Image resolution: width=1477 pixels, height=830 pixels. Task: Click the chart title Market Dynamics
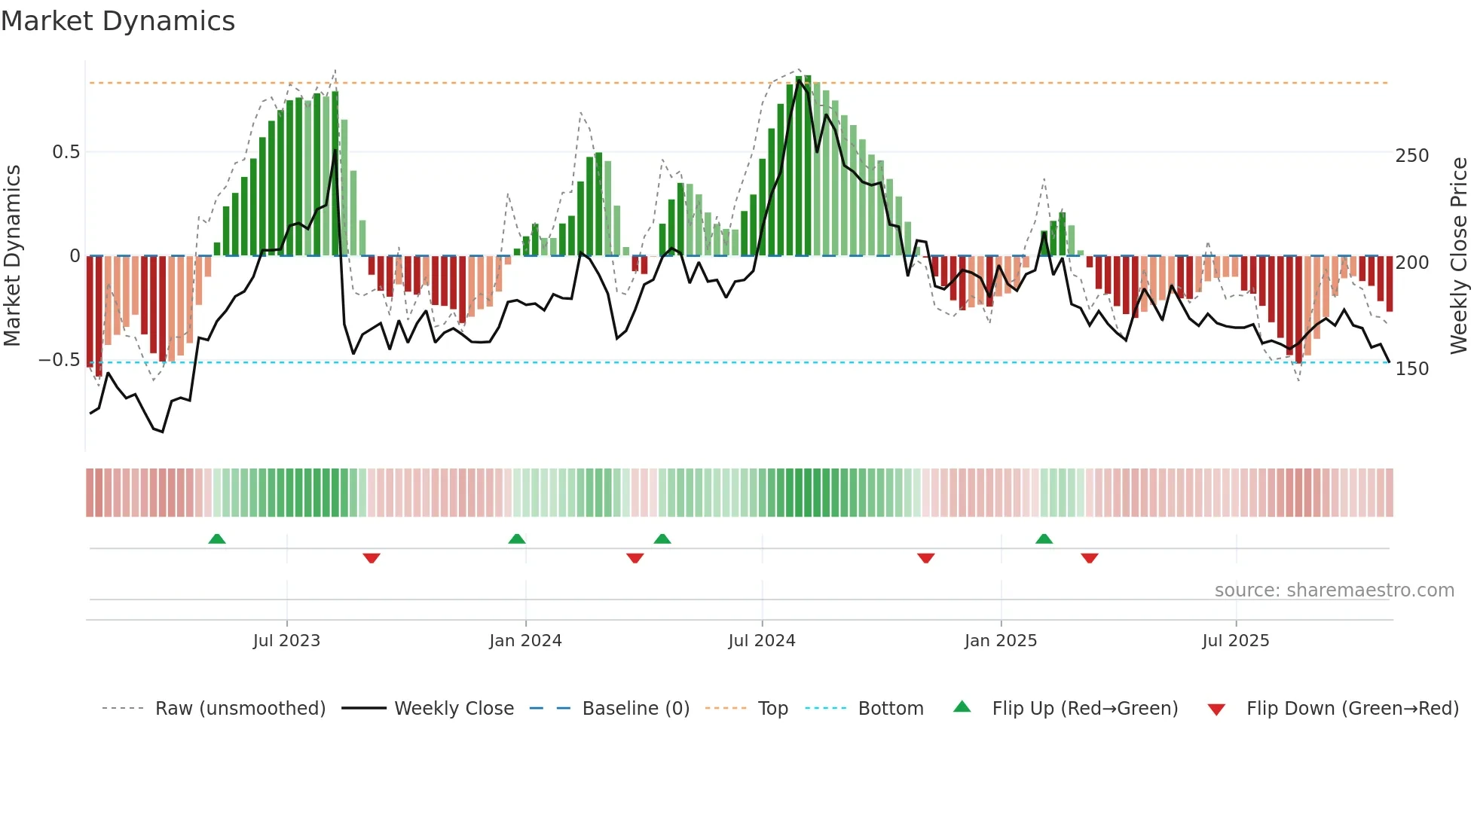118,21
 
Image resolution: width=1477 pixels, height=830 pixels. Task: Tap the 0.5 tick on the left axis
66,152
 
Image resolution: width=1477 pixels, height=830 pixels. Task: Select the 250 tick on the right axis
1411,156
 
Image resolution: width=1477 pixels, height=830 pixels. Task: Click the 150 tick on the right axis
1411,369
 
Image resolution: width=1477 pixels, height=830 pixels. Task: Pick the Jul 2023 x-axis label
286,641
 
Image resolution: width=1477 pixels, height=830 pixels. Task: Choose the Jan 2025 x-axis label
1001,641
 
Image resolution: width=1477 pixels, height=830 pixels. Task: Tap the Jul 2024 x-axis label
762,641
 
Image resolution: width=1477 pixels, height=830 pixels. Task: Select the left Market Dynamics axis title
12,256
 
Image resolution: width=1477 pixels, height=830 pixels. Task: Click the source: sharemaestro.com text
1334,590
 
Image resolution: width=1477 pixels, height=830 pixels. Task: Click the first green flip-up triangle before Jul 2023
217,539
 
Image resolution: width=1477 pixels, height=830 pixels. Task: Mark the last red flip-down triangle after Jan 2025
1090,558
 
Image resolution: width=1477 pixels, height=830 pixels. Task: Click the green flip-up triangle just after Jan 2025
1044,539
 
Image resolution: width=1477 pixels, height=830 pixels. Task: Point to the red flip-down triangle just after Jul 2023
372,558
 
